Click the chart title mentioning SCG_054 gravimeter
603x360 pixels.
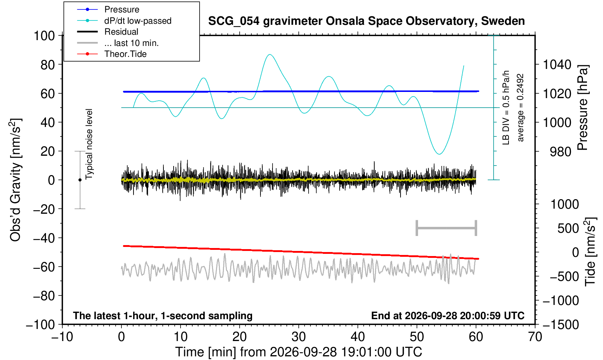(366, 21)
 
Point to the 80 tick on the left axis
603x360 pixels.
(48, 65)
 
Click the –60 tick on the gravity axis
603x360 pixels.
(44, 267)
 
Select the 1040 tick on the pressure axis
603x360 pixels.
(557, 65)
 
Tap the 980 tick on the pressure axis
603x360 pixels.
(560, 152)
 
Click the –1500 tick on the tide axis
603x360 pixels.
(561, 325)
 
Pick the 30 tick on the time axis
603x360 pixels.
(298, 337)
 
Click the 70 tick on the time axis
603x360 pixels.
(535, 337)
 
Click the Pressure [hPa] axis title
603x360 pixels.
(583, 108)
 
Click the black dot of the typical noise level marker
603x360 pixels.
(80, 180)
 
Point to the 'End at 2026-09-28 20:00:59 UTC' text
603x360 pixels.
(448, 316)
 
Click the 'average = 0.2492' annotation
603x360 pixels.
(520, 108)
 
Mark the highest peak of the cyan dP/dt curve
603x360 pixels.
(270, 54)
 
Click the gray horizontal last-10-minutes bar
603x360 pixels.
(447, 228)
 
